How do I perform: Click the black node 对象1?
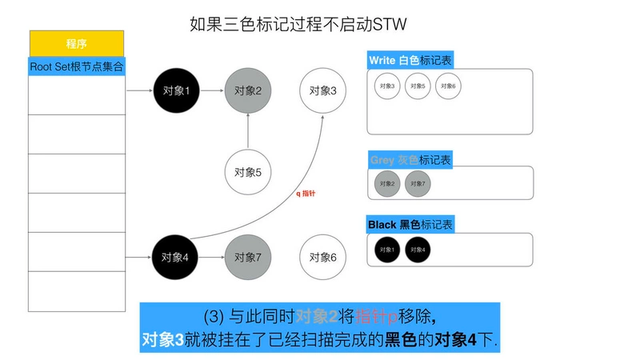(x=175, y=90)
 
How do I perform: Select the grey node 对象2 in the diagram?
(x=248, y=90)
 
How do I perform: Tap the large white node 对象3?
(x=322, y=90)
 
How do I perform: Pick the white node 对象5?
(x=248, y=171)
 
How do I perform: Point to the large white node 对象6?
(x=322, y=257)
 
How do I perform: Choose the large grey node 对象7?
(x=248, y=257)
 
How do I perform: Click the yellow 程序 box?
(x=77, y=43)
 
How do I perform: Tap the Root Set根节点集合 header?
(x=77, y=66)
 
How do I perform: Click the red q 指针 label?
(x=306, y=194)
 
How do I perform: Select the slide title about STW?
(x=298, y=25)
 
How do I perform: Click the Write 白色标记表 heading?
(x=411, y=61)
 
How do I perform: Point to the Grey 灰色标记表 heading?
(x=410, y=160)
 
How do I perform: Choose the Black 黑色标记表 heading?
(x=410, y=225)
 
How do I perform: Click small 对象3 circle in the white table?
(x=388, y=86)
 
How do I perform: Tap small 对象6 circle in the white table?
(x=448, y=86)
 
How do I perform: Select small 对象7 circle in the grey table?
(x=418, y=184)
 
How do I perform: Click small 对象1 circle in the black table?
(x=388, y=249)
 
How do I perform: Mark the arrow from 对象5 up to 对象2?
(x=248, y=130)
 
